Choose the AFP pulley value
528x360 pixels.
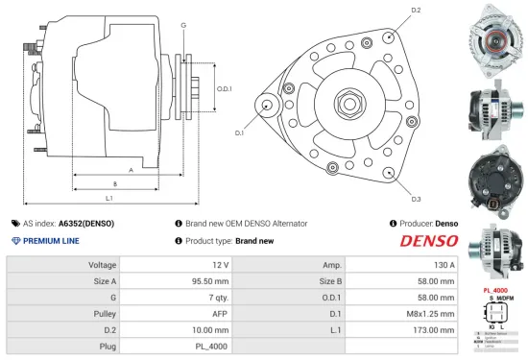[x=220, y=312]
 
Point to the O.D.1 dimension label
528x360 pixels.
[x=225, y=88]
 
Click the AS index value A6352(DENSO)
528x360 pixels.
[x=86, y=223]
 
